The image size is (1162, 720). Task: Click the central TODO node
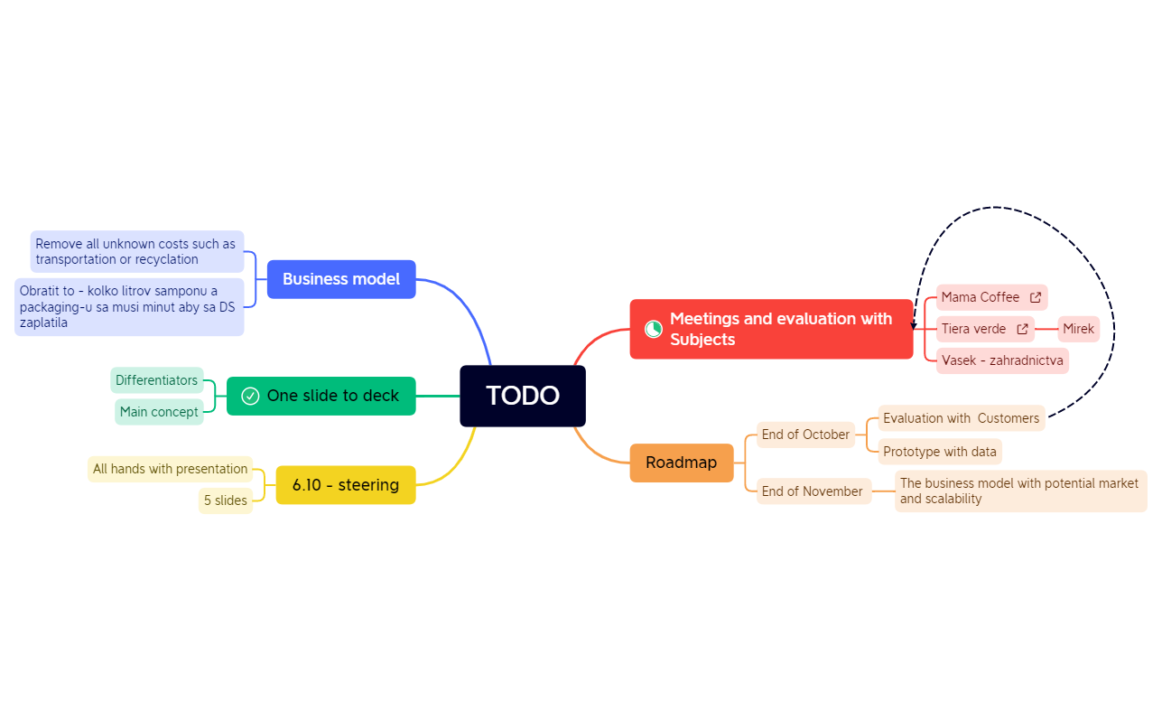[x=523, y=396]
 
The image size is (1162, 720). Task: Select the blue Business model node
[x=341, y=279]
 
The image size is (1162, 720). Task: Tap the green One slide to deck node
[x=321, y=396]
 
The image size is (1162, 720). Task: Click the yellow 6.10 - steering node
[x=346, y=485]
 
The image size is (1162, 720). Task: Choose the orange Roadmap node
[x=682, y=463]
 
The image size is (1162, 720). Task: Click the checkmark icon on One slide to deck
[x=250, y=396]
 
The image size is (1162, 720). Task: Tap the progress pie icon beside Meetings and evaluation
[x=653, y=329]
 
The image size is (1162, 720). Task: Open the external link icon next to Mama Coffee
[x=1035, y=297]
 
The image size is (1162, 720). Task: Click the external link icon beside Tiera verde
[x=1022, y=329]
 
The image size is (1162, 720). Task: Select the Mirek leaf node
[x=1078, y=329]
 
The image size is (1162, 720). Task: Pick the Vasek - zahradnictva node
[x=1002, y=360]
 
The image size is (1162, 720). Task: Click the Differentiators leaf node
[x=157, y=380]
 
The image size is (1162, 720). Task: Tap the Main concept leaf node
[x=159, y=412]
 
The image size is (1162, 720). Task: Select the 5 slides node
[x=225, y=500]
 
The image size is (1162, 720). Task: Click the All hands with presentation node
[x=170, y=469]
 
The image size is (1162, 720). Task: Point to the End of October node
[x=805, y=435]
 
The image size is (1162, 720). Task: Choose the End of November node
[x=813, y=491]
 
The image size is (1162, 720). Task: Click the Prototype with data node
[x=940, y=452]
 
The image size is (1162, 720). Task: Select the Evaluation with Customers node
[x=962, y=418]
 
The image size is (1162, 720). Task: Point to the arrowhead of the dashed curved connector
[x=914, y=325]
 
